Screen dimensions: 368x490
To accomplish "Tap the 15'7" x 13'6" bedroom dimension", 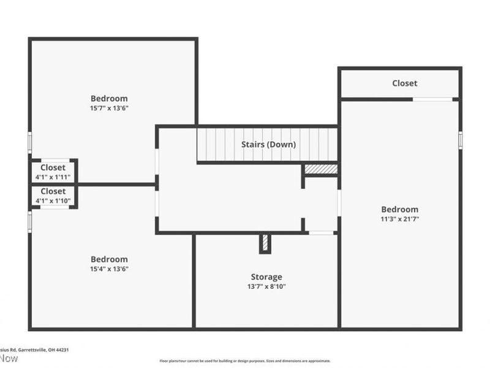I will click(x=109, y=108).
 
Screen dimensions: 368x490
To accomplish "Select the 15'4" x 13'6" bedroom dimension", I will click(x=109, y=269).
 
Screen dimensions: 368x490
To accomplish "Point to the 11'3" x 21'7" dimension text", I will click(x=399, y=218).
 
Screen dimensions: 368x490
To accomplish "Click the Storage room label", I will click(x=266, y=277).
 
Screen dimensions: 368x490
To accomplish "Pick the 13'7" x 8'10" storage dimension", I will click(x=266, y=286).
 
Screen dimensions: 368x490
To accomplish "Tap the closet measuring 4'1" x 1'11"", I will click(x=53, y=172).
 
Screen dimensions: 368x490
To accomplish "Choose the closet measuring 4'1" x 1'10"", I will click(x=53, y=196).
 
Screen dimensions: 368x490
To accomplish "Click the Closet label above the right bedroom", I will click(x=404, y=83).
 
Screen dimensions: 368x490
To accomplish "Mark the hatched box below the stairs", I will click(x=321, y=169).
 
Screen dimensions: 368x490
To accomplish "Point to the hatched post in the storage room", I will click(x=265, y=243).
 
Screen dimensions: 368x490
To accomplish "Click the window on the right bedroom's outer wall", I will click(x=461, y=140).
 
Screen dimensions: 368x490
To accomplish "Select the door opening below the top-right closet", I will click(x=432, y=99).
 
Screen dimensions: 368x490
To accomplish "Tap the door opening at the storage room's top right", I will click(x=321, y=233).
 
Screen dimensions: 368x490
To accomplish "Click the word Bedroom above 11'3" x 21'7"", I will click(x=399, y=209).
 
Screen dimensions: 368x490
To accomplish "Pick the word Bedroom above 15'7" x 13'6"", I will click(x=109, y=98).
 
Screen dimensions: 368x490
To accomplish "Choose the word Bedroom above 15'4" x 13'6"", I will click(x=109, y=259).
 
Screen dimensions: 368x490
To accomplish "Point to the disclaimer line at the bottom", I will click(x=245, y=361).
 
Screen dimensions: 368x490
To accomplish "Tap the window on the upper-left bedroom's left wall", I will click(x=29, y=142).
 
